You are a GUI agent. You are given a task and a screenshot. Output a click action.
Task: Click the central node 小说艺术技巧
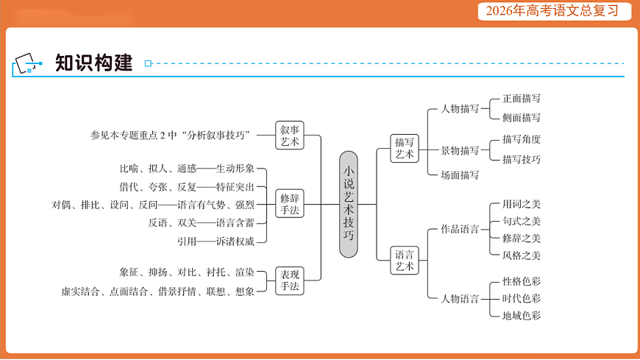click(349, 204)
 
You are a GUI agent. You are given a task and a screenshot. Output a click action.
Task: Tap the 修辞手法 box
click(290, 204)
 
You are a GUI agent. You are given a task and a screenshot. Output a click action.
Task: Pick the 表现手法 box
click(290, 280)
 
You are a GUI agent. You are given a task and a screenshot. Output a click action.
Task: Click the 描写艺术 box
click(405, 149)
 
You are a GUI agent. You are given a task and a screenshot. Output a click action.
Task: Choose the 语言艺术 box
click(405, 259)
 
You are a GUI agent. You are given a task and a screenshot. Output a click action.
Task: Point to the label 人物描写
click(460, 109)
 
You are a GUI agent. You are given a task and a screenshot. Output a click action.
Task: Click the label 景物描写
click(460, 151)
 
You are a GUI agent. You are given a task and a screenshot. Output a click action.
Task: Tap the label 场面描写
click(460, 175)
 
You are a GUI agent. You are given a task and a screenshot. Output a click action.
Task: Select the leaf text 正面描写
click(522, 98)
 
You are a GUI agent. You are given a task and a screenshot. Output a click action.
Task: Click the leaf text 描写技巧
click(522, 159)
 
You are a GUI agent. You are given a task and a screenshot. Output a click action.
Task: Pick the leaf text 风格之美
click(522, 255)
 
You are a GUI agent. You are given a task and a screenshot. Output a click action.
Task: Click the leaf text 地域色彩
click(522, 315)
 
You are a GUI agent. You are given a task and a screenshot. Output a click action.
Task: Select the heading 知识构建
click(93, 63)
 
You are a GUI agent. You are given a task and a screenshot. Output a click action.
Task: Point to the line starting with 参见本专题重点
click(171, 135)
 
